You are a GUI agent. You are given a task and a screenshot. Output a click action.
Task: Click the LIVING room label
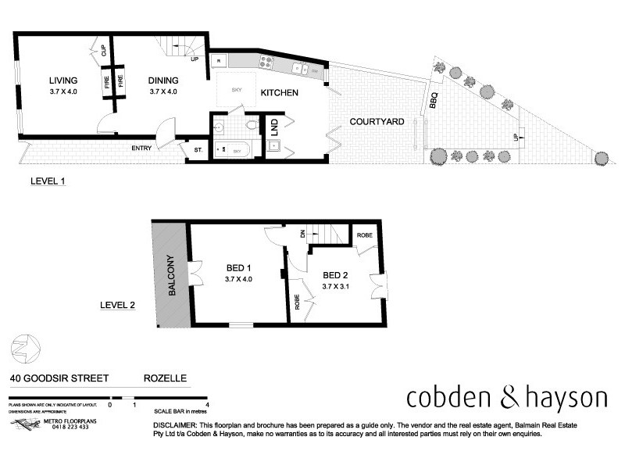point(62,81)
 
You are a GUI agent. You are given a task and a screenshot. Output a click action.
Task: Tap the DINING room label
point(162,81)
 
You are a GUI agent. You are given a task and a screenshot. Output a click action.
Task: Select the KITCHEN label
point(280,93)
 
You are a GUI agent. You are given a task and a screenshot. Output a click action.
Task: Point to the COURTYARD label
point(377,121)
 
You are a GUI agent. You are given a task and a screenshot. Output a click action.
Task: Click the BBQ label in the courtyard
point(434,100)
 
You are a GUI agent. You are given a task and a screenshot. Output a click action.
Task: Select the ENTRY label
point(141,148)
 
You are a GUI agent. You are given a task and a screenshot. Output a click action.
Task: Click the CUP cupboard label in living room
point(103,52)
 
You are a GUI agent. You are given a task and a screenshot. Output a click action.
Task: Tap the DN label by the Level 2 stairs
point(302,233)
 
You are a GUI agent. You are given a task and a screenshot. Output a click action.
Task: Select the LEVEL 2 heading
point(117,306)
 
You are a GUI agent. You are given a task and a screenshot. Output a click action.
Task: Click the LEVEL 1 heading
point(48,181)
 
